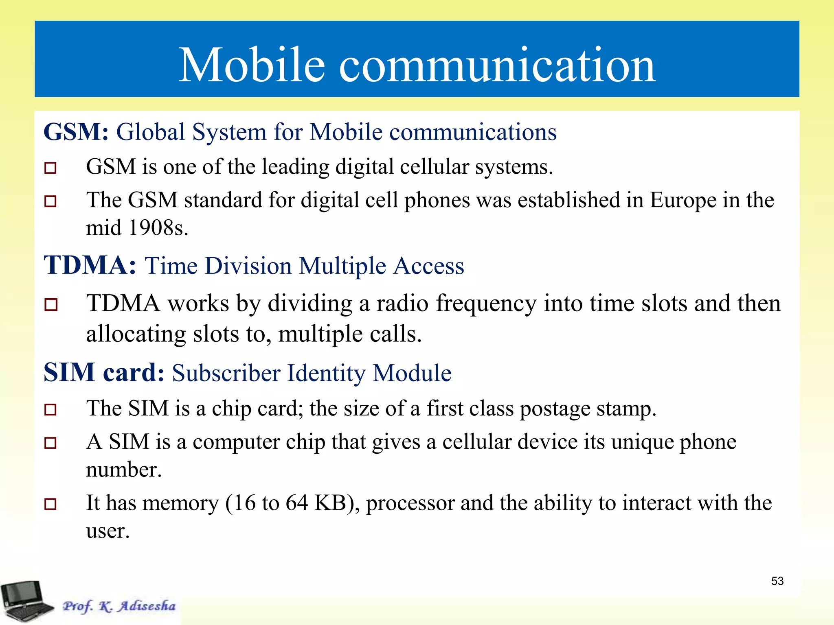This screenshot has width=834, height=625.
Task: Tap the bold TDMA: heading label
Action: pyautogui.click(x=90, y=265)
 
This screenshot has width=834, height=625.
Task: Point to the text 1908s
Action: pyautogui.click(x=158, y=228)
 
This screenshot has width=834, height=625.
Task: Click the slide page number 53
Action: pyautogui.click(x=777, y=581)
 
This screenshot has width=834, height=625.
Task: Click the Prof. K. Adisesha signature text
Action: pyautogui.click(x=119, y=606)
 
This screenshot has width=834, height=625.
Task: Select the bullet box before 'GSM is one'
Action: pyautogui.click(x=50, y=168)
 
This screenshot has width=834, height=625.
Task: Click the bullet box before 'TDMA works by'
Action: pyautogui.click(x=50, y=304)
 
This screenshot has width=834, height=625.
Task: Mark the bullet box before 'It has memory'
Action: pyautogui.click(x=50, y=504)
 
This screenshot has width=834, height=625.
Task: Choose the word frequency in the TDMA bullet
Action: pyautogui.click(x=486, y=304)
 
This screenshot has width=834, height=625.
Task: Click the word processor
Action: pyautogui.click(x=410, y=504)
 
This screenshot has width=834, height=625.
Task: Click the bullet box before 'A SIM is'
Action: pyautogui.click(x=50, y=443)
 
